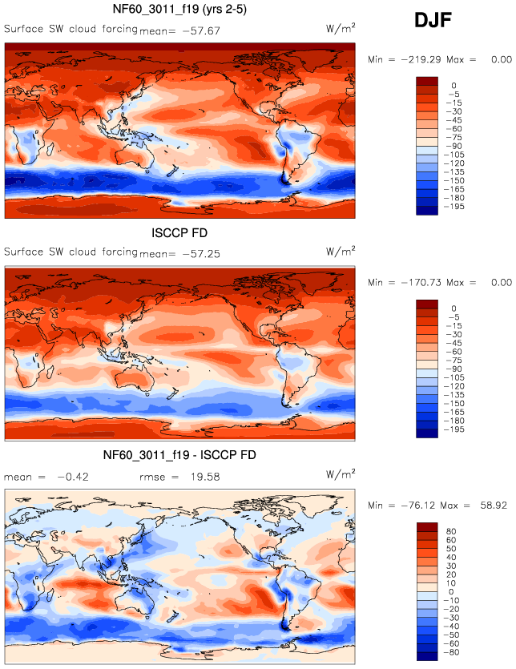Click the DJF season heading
pyautogui.click(x=434, y=22)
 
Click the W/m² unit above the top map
pyautogui.click(x=341, y=28)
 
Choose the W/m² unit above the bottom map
pyautogui.click(x=341, y=474)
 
